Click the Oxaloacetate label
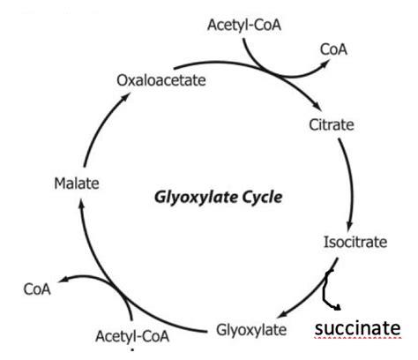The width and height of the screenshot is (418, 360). pyautogui.click(x=161, y=80)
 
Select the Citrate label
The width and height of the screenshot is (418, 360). pyautogui.click(x=332, y=124)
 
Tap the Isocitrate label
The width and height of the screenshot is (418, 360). pyautogui.click(x=355, y=242)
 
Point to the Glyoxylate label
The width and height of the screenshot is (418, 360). pyautogui.click(x=251, y=330)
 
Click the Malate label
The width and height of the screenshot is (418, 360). pyautogui.click(x=77, y=184)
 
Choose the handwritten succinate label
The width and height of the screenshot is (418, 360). pyautogui.click(x=357, y=328)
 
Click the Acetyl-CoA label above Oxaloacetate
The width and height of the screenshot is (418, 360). pyautogui.click(x=244, y=25)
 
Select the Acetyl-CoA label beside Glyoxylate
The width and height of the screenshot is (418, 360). pyautogui.click(x=132, y=336)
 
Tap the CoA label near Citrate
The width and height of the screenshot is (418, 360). pyautogui.click(x=333, y=49)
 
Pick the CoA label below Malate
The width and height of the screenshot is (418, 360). pyautogui.click(x=37, y=289)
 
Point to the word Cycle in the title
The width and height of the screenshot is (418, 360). pyautogui.click(x=262, y=198)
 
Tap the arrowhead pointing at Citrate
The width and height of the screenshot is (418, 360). pyautogui.click(x=317, y=106)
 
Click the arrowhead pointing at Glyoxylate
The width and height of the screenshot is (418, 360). pyautogui.click(x=282, y=313)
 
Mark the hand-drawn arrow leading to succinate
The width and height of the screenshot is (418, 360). pyautogui.click(x=325, y=291)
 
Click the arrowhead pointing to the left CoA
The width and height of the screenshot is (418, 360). pyautogui.click(x=63, y=280)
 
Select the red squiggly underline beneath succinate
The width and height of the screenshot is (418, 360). pyautogui.click(x=357, y=338)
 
